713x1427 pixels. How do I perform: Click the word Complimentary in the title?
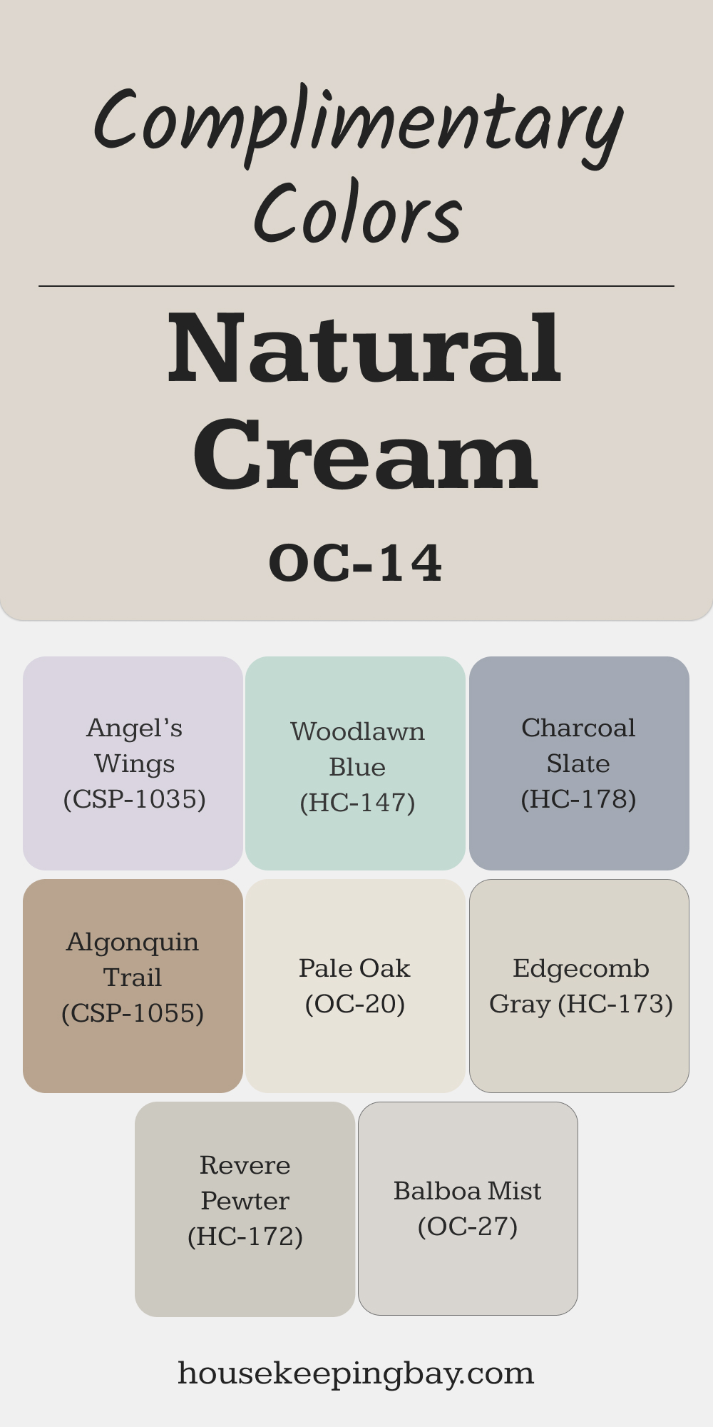(359, 126)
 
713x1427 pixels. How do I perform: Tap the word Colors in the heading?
(358, 213)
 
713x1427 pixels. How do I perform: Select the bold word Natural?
(364, 348)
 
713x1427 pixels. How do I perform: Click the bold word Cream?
(365, 454)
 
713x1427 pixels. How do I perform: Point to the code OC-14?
(356, 563)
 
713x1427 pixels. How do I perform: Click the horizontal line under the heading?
(356, 286)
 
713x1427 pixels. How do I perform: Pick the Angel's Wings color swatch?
(133, 763)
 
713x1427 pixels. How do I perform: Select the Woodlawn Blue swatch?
(356, 763)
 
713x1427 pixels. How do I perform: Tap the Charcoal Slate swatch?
(579, 763)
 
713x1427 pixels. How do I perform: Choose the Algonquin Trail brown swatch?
(133, 986)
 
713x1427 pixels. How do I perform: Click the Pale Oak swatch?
(356, 986)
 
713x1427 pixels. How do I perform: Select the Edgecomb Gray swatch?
(579, 986)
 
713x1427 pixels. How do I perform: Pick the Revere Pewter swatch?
(245, 1209)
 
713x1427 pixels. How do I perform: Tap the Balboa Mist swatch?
(468, 1209)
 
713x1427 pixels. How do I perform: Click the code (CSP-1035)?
(135, 799)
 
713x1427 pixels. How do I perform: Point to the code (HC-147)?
(357, 803)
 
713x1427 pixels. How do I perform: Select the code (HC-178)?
(578, 799)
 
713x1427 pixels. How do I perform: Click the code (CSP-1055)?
(133, 1013)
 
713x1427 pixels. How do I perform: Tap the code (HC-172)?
(245, 1236)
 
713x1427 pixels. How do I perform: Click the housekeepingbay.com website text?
(356, 1373)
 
